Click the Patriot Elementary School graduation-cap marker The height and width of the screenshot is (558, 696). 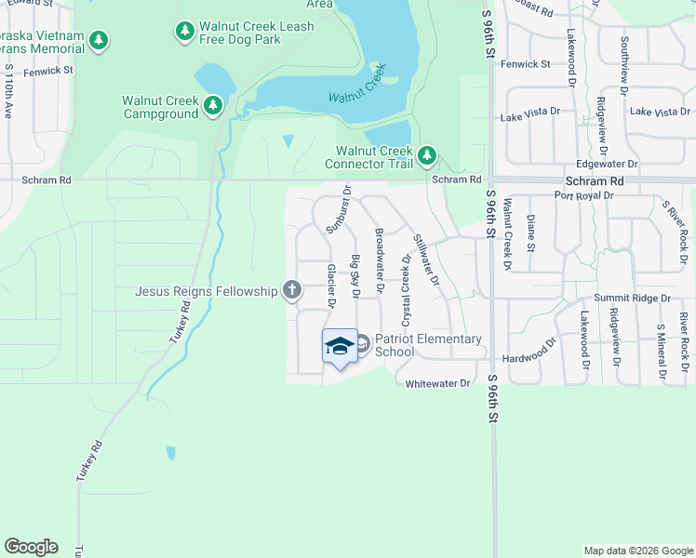(340, 346)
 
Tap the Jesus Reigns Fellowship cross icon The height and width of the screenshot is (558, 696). (292, 291)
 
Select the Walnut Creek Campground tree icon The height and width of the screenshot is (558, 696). (213, 106)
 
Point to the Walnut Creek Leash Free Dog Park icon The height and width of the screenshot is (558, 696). (185, 32)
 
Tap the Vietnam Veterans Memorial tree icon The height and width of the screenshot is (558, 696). (99, 41)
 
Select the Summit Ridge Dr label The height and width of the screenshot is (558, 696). (633, 299)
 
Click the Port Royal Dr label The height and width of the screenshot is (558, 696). (583, 196)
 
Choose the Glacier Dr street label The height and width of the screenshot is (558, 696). (331, 286)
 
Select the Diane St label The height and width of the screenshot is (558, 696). (530, 233)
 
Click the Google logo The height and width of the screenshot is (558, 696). (31, 547)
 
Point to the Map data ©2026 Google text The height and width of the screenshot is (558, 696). (637, 551)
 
